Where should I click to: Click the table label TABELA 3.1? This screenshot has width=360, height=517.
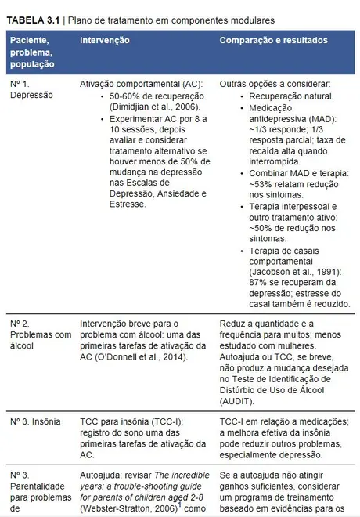coord(33,17)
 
